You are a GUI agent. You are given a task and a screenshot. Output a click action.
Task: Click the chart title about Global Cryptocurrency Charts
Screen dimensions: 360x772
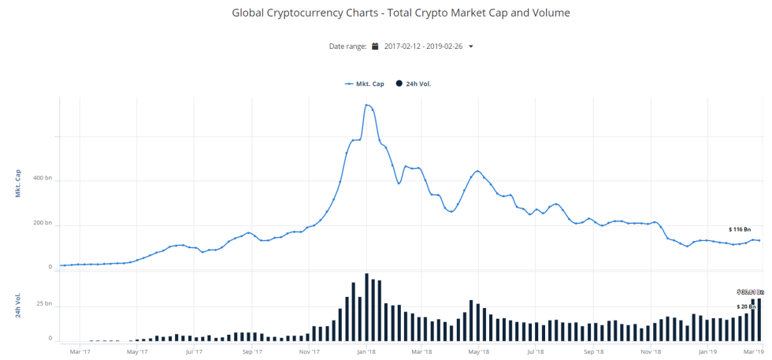(401, 13)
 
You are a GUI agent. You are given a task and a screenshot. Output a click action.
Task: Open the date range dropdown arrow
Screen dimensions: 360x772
(471, 46)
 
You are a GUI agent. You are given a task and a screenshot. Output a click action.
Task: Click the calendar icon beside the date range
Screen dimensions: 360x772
(376, 46)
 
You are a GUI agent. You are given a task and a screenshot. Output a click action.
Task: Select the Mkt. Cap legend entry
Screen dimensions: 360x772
(364, 84)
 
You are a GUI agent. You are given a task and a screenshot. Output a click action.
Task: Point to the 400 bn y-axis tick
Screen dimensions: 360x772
(42, 179)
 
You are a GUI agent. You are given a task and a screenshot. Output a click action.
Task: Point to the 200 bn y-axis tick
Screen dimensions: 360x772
(42, 224)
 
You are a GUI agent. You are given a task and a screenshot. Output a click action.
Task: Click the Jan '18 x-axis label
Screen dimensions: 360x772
(365, 351)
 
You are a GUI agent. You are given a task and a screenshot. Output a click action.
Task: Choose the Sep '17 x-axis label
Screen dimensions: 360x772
(251, 351)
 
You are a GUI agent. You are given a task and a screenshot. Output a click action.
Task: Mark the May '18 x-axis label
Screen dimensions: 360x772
(480, 351)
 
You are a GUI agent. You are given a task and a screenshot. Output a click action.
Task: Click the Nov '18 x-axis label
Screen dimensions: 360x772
(651, 351)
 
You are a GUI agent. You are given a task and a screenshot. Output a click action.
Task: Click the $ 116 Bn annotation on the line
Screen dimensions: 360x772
(740, 229)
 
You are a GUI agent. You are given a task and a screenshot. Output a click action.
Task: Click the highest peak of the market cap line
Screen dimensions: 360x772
(366, 105)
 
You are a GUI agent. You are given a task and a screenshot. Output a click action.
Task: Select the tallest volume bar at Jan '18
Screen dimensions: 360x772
(366, 307)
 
